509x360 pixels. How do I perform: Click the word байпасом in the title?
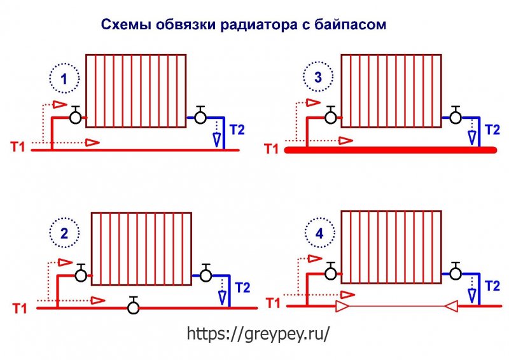pyautogui.click(x=350, y=24)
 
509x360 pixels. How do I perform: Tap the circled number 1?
pyautogui.click(x=64, y=79)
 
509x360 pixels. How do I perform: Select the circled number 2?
pyautogui.click(x=64, y=233)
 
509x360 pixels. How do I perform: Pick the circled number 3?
pyautogui.click(x=318, y=77)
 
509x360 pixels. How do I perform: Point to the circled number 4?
pyautogui.click(x=320, y=233)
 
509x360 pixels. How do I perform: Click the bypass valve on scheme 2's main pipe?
pyautogui.click(x=133, y=305)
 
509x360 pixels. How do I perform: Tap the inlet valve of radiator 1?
pyautogui.click(x=76, y=115)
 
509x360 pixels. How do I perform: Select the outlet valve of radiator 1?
pyautogui.click(x=200, y=115)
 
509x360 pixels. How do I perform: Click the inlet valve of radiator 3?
pyautogui.click(x=331, y=115)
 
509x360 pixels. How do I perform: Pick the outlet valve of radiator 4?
pyautogui.click(x=456, y=271)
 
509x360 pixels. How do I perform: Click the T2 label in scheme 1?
pyautogui.click(x=237, y=130)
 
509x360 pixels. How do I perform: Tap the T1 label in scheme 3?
pyautogui.click(x=272, y=149)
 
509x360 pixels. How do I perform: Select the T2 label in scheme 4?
pyautogui.click(x=492, y=286)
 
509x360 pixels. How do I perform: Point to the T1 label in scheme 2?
pyautogui.click(x=20, y=308)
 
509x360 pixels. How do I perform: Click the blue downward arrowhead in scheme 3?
pyautogui.click(x=472, y=138)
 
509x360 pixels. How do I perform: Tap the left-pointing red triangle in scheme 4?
pyautogui.click(x=450, y=306)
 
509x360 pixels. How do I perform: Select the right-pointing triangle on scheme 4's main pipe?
pyautogui.click(x=342, y=306)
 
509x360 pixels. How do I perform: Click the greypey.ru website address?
pyautogui.click(x=258, y=333)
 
